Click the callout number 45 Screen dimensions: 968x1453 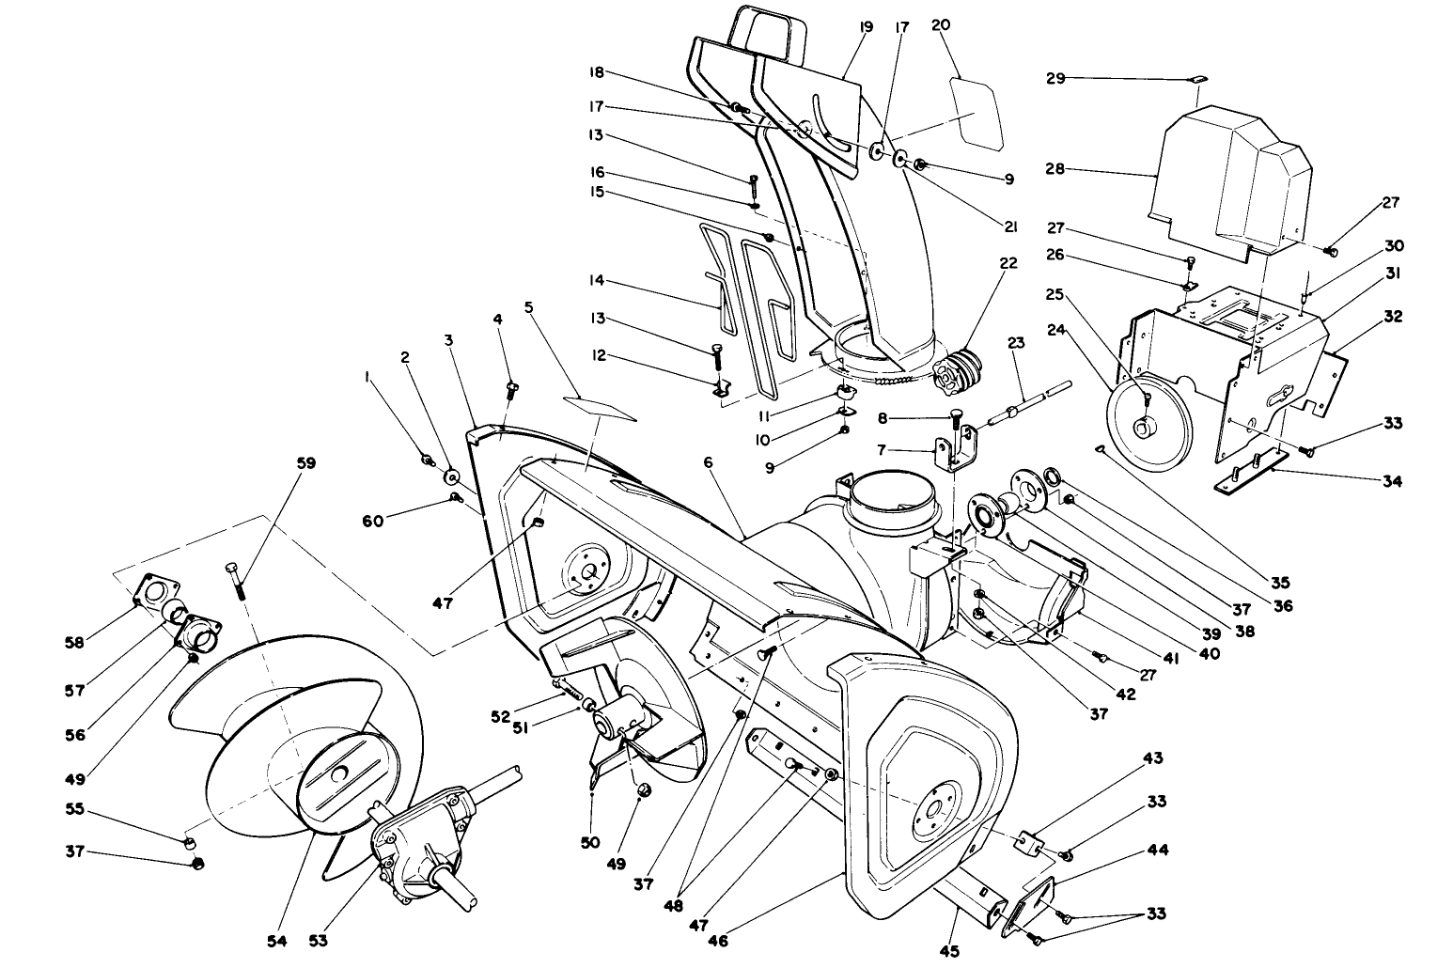[949, 952]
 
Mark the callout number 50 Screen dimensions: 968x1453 [590, 843]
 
